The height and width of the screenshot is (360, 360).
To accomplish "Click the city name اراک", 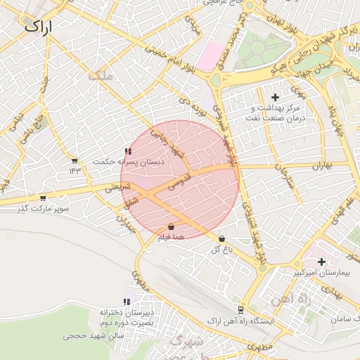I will pos(42,26).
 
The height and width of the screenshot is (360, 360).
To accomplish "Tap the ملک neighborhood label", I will pos(101,75).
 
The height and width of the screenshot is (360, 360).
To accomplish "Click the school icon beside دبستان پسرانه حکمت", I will pos(127,151).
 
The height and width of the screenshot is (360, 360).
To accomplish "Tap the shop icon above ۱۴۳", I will pos(75,160).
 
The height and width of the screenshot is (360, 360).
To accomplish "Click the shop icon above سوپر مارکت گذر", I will pos(44,198).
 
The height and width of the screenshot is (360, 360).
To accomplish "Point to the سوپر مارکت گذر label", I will pos(44,209).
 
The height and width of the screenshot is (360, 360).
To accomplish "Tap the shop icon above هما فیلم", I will pos(172,227).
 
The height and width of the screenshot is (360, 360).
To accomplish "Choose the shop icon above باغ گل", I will pos(222,239).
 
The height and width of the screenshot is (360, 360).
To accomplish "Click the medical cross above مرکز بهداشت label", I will pos(275,97).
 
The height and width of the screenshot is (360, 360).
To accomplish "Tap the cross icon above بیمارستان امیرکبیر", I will pos(321,262).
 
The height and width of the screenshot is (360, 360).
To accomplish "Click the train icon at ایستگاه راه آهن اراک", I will pos(240,309).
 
